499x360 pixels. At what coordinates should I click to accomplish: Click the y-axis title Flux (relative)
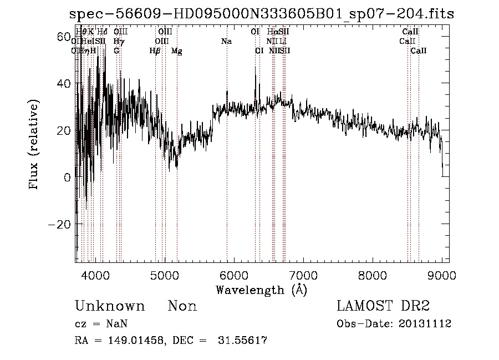click(34, 145)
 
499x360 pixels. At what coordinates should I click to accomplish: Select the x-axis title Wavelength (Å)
click(261, 290)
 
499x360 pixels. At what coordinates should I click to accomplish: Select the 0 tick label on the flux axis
click(67, 178)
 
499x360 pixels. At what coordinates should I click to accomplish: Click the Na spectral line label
click(226, 41)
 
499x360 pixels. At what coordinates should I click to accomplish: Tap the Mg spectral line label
click(176, 51)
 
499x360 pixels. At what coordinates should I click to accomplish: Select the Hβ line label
click(155, 51)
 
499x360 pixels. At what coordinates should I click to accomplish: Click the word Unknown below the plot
click(110, 306)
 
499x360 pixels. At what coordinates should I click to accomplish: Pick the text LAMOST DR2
click(383, 306)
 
